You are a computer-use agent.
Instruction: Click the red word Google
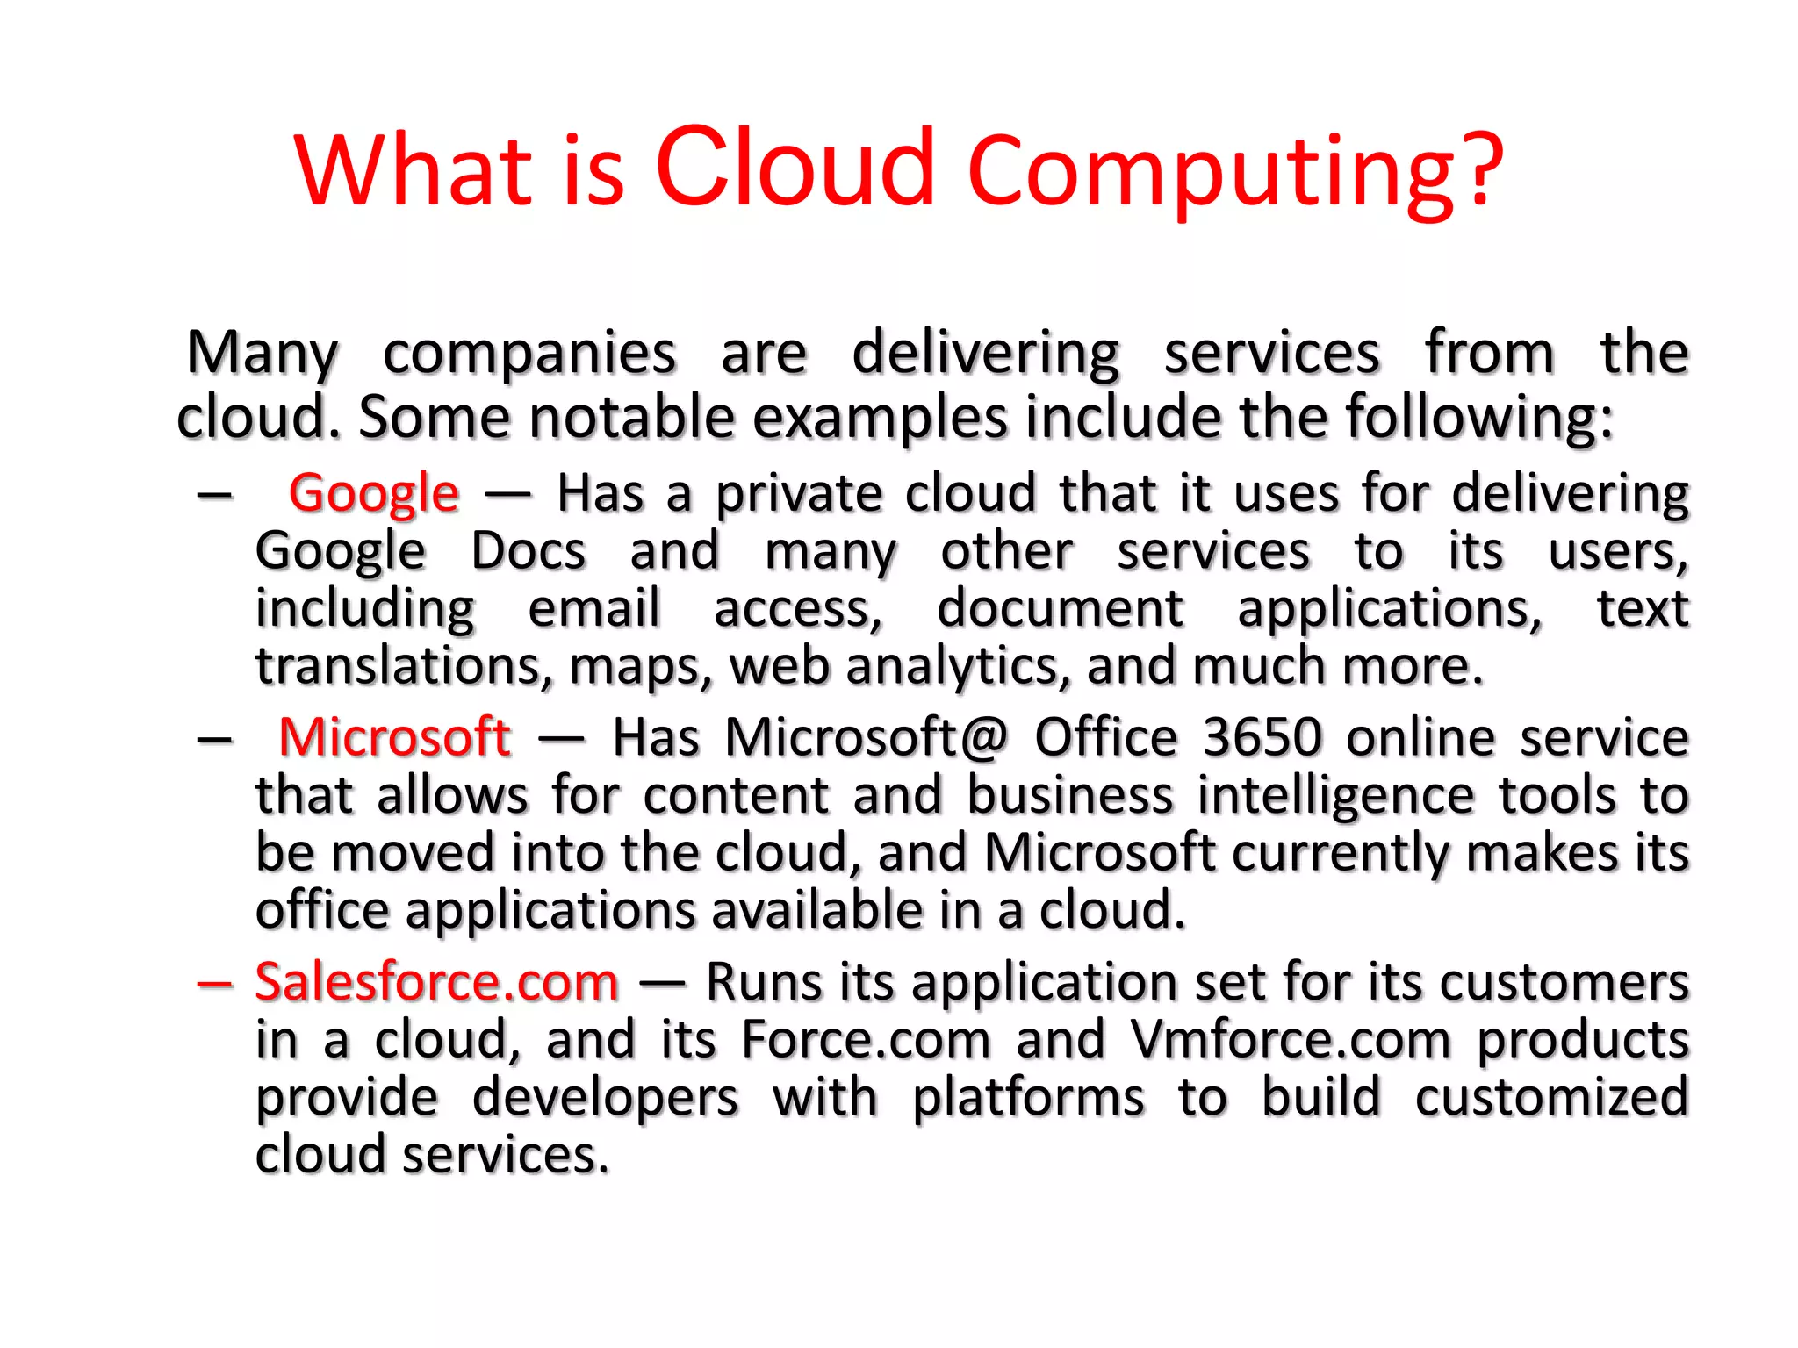point(373,493)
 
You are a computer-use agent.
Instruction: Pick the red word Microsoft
point(394,737)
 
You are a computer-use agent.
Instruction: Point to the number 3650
point(1262,737)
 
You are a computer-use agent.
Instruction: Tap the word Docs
point(529,551)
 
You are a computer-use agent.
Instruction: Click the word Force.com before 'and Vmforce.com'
point(866,1040)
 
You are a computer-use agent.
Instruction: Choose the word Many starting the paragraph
point(262,354)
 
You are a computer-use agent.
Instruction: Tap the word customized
point(1551,1098)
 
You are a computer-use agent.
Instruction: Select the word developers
point(605,1098)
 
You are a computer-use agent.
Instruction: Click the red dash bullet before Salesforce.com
point(215,984)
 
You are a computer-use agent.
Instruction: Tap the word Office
point(1105,737)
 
